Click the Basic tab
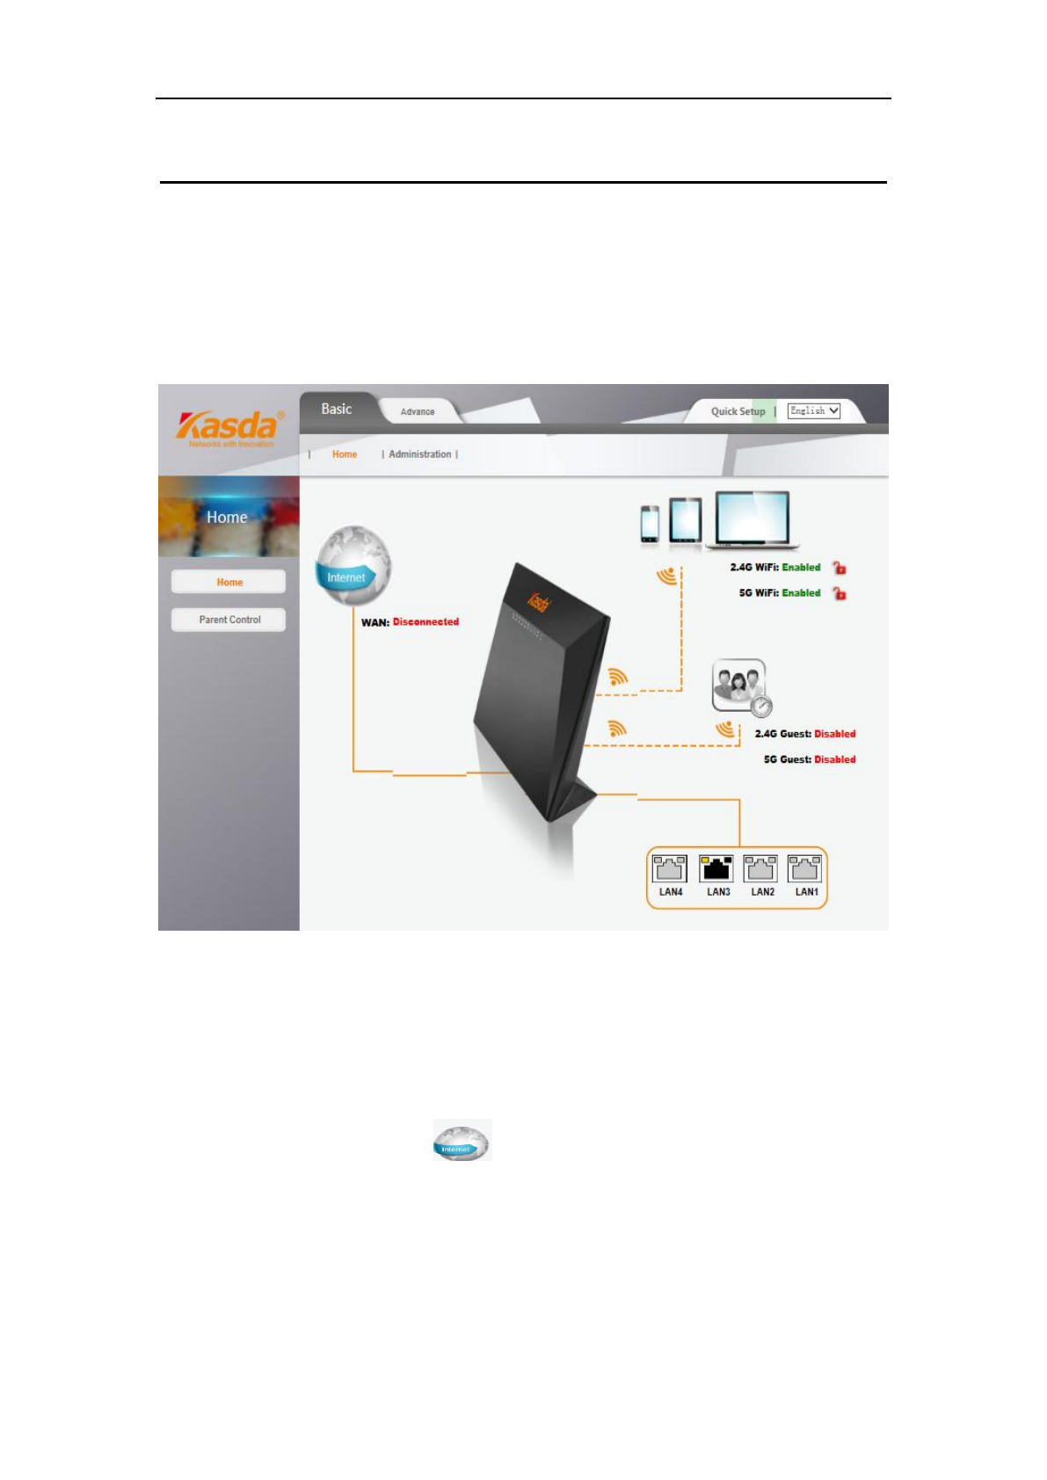pyautogui.click(x=336, y=410)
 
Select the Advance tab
pyautogui.click(x=418, y=411)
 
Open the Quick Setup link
pyautogui.click(x=738, y=411)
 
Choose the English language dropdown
pyautogui.click(x=813, y=410)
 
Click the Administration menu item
pyautogui.click(x=419, y=454)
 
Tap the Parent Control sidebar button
pyautogui.click(x=229, y=620)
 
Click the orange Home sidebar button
pyautogui.click(x=229, y=582)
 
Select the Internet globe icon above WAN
pyautogui.click(x=353, y=565)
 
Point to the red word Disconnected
pyautogui.click(x=425, y=622)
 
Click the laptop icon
pyautogui.click(x=753, y=519)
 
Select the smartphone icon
pyautogui.click(x=650, y=524)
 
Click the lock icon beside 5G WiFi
pyautogui.click(x=840, y=594)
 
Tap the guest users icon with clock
pyautogui.click(x=740, y=686)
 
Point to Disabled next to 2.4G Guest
pyautogui.click(x=834, y=734)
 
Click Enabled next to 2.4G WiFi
pyautogui.click(x=801, y=568)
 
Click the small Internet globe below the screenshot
pyautogui.click(x=462, y=1141)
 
